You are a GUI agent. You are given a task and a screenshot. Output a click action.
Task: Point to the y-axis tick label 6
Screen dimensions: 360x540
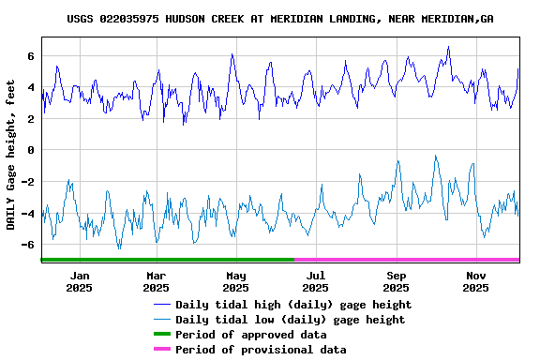pos(31,56)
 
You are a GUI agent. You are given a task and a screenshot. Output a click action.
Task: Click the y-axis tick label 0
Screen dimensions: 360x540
pos(31,150)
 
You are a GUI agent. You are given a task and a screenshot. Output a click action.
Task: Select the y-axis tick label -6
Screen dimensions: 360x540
pos(28,245)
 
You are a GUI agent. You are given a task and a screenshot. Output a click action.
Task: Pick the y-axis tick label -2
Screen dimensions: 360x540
pos(28,182)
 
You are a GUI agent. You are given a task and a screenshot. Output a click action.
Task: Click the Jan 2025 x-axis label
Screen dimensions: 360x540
pos(80,281)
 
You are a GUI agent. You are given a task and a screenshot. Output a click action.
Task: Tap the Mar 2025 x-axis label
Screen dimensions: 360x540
pos(157,281)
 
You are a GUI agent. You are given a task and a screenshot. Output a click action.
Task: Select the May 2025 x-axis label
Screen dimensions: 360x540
pos(236,281)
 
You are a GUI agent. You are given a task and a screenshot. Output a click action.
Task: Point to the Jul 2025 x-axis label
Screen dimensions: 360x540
pos(316,281)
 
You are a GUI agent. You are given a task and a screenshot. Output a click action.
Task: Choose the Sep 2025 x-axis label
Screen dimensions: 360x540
pos(397,281)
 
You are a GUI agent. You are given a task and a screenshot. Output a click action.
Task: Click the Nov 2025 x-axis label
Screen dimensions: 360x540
pos(476,281)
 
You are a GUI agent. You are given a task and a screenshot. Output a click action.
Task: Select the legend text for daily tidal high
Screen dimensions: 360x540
pos(293,305)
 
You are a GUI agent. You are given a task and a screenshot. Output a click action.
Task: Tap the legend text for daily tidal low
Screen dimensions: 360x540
pos(291,320)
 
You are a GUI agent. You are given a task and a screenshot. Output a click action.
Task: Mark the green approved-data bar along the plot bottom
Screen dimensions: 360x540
pos(169,260)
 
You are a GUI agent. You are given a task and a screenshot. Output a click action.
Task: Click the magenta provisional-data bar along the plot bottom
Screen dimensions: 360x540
pos(407,260)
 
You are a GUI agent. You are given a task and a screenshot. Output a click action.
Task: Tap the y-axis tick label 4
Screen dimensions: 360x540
pos(31,88)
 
